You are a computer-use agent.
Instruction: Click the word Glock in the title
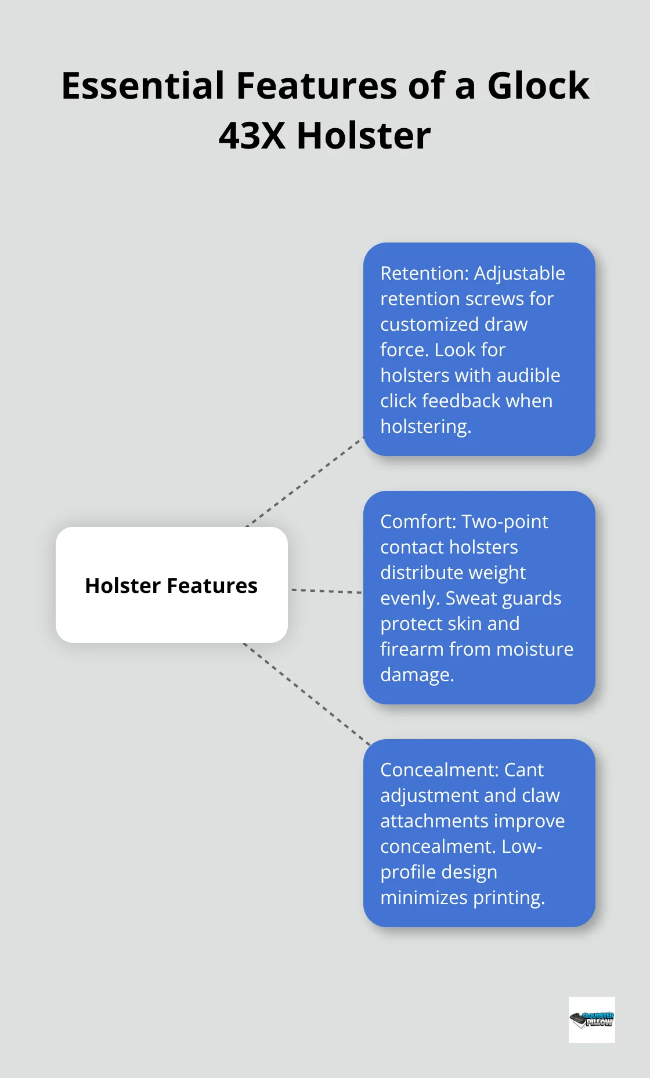tap(538, 86)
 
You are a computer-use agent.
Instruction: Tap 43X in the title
tap(252, 136)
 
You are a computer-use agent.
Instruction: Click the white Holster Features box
tap(171, 585)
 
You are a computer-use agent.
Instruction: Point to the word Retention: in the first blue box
tap(424, 273)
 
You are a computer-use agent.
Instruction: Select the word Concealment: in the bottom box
tap(439, 770)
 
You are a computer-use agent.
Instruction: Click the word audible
tap(528, 375)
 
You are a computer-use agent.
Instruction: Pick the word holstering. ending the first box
tap(425, 426)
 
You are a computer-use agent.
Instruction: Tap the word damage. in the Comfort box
tap(417, 675)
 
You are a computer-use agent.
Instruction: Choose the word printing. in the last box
tap(509, 898)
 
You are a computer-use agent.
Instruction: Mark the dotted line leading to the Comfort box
tap(326, 591)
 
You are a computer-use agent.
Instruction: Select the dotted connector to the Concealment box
tap(308, 694)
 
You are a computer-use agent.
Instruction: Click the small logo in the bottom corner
tap(591, 1019)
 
